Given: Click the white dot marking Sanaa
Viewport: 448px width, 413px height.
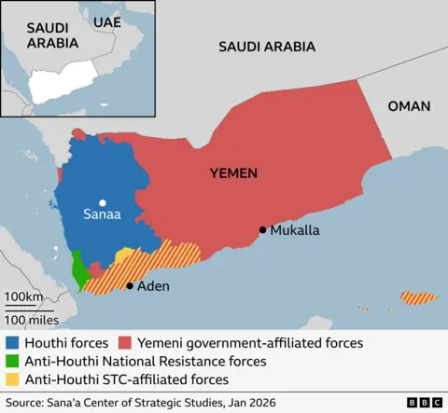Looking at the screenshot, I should click(103, 203).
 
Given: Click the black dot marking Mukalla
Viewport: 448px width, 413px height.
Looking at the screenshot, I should click(263, 230).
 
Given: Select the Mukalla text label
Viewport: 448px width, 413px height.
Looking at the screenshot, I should click(295, 230).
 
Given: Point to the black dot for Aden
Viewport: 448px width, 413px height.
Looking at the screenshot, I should click(130, 286).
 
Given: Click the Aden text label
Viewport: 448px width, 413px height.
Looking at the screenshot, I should click(154, 286).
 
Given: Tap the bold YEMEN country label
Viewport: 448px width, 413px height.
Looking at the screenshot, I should click(233, 173).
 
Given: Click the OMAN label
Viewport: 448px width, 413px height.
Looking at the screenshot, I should click(409, 106).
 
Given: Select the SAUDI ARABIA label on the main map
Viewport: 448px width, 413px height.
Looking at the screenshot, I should click(266, 46).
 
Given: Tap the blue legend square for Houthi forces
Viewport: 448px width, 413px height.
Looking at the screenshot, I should click(11, 343).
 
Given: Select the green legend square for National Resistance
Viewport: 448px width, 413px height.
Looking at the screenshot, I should click(11, 361).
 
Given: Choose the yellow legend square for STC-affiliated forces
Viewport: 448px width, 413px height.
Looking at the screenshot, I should click(11, 379).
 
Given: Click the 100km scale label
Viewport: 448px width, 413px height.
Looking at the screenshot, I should click(23, 297).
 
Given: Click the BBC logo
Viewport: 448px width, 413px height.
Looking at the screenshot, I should click(425, 402).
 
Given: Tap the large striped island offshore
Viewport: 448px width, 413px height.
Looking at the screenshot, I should click(418, 298).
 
